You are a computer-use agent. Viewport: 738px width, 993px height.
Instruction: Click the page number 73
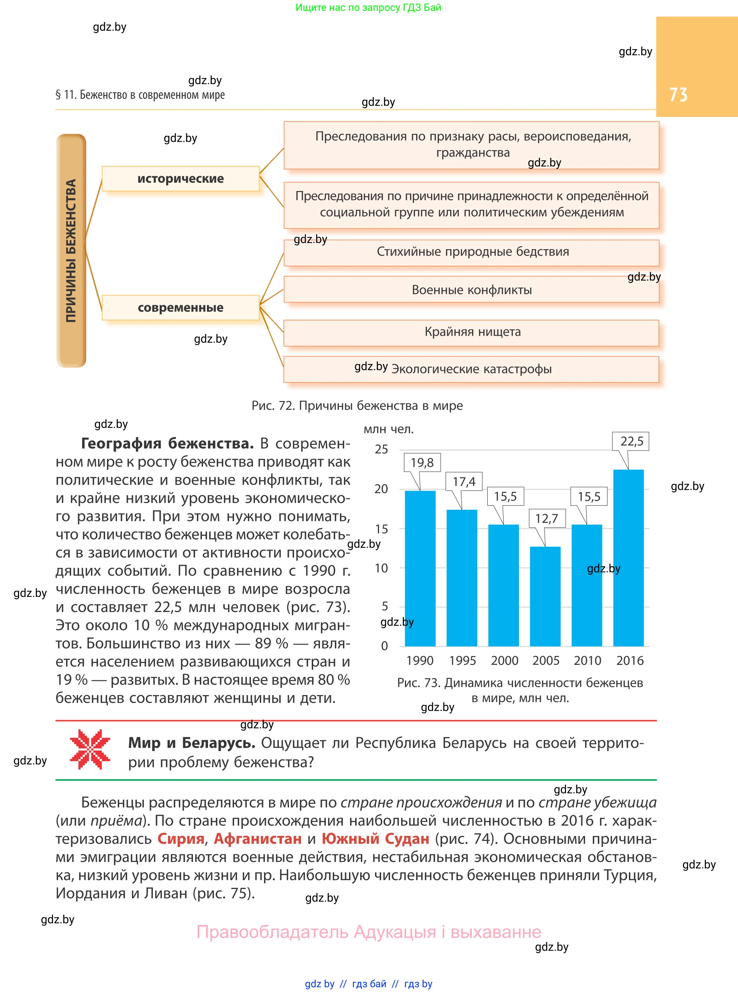click(678, 95)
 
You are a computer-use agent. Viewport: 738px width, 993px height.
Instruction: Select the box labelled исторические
click(181, 179)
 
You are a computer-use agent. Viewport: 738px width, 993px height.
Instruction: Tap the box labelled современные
click(181, 308)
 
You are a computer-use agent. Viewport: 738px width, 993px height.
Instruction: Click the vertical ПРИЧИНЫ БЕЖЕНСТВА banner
click(71, 251)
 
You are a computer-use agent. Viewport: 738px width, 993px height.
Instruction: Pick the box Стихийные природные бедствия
click(471, 252)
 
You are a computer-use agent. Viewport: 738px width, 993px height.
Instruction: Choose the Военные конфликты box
click(471, 290)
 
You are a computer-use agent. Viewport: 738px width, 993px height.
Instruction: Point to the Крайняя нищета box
click(471, 332)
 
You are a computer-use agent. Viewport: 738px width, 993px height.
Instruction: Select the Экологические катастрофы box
click(471, 369)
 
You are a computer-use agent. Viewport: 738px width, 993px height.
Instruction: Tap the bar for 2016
click(628, 558)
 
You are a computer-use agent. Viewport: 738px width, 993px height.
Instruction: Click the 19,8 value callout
click(422, 463)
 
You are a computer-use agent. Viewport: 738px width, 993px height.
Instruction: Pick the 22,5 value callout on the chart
click(631, 442)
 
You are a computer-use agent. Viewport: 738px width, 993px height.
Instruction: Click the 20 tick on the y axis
click(381, 489)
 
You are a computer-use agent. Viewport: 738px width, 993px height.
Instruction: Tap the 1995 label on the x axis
click(462, 660)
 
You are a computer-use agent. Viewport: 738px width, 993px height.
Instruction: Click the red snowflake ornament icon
click(90, 749)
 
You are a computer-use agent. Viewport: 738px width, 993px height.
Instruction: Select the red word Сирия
click(181, 838)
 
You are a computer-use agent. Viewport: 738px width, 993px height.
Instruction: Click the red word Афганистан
click(258, 838)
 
